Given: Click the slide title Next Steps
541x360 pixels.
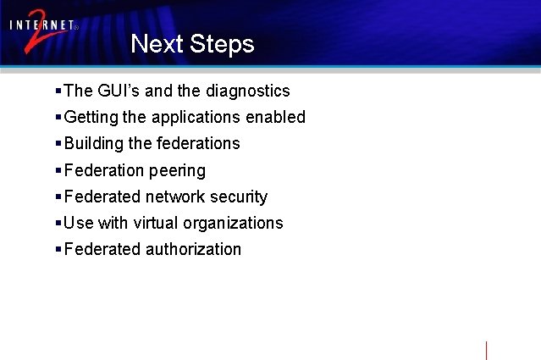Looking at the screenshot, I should point(192,44).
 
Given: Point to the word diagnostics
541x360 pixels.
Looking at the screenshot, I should point(247,91).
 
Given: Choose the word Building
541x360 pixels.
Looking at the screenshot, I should point(93,143).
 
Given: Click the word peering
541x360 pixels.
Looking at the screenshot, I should point(177,171).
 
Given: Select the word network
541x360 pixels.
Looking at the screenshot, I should point(176,197).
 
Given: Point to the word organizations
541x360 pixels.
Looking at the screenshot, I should point(240,224).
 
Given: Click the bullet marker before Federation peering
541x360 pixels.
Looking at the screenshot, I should point(58,170).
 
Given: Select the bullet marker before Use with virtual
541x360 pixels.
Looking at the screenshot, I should point(58,223).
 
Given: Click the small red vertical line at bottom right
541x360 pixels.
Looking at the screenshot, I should point(486,350).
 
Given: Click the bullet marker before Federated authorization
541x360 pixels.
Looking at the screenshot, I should point(58,249).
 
